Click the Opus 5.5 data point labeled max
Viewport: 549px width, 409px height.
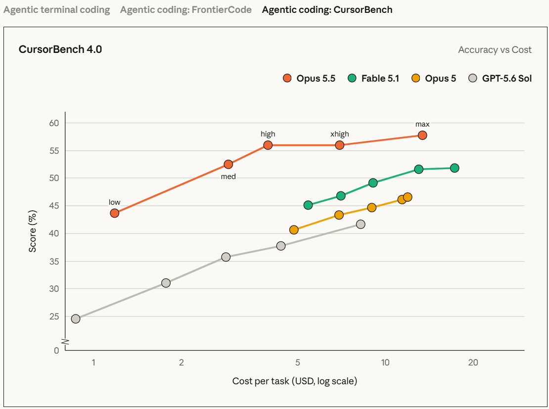(422, 135)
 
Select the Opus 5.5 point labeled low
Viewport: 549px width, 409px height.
(114, 213)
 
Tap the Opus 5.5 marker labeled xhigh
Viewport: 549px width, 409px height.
(339, 145)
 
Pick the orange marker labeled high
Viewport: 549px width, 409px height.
(268, 145)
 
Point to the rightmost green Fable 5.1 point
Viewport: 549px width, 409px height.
(455, 168)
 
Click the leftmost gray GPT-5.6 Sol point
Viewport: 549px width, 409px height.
(76, 318)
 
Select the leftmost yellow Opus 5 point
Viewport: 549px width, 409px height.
(294, 229)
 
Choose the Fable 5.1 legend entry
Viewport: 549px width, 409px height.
(373, 78)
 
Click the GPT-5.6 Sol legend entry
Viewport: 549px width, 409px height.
(500, 78)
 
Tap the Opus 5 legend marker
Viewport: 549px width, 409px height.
(415, 78)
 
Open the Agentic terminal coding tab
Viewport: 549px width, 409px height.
(57, 10)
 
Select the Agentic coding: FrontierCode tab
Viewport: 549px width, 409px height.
(186, 10)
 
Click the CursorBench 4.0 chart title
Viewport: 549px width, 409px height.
(60, 49)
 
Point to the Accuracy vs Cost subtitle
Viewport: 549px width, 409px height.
(495, 50)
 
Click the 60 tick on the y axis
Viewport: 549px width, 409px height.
(54, 123)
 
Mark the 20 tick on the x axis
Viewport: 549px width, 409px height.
(473, 363)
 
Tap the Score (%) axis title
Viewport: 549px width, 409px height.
(33, 231)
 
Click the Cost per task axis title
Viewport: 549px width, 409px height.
(294, 381)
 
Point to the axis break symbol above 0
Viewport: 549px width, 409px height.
(65, 341)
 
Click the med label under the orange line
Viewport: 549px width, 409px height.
(229, 177)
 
